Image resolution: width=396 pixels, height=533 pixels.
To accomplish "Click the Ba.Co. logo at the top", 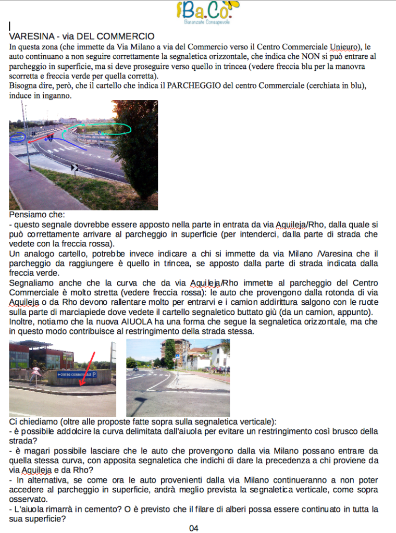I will pos(207,13).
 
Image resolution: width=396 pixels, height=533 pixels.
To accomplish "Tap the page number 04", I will pos(194,528).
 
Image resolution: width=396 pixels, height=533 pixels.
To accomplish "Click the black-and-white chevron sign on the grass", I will pos(74,167).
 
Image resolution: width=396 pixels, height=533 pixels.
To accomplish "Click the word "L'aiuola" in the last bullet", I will pos(29,509).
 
